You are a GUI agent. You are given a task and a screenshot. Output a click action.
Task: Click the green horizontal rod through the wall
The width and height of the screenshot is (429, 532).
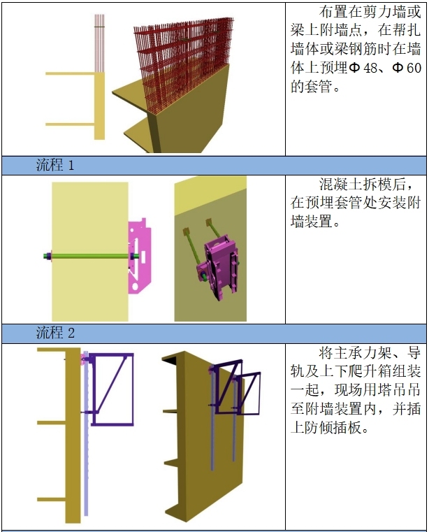[91, 257]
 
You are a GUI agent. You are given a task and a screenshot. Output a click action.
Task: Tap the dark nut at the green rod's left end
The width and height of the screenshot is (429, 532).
[45, 257]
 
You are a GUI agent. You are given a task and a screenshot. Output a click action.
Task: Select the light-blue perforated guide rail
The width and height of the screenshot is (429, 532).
[85, 447]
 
